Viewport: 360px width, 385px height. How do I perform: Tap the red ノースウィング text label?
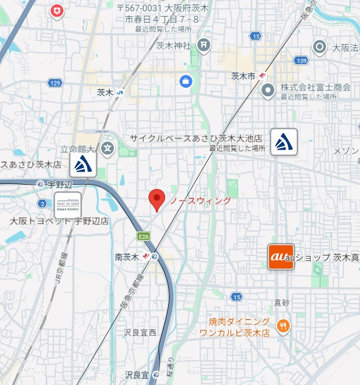(x=200, y=201)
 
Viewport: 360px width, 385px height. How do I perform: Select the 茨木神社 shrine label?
(x=173, y=45)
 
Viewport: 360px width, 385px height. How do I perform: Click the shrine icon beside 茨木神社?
(x=204, y=45)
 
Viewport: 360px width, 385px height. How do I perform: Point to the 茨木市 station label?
(x=243, y=76)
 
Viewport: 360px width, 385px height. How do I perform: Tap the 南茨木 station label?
(x=127, y=257)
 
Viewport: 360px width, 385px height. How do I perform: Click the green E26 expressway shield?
(x=143, y=236)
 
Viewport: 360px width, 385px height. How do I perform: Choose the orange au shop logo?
(x=281, y=257)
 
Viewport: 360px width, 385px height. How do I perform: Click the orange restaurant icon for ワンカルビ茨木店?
(x=283, y=325)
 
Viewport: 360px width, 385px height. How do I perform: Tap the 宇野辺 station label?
(x=59, y=184)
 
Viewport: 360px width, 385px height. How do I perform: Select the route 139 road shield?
(x=302, y=60)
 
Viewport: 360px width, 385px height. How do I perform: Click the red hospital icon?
(x=57, y=11)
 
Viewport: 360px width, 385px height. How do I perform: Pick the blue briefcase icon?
(x=186, y=80)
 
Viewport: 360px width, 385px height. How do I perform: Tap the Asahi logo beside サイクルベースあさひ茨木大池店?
(x=284, y=142)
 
